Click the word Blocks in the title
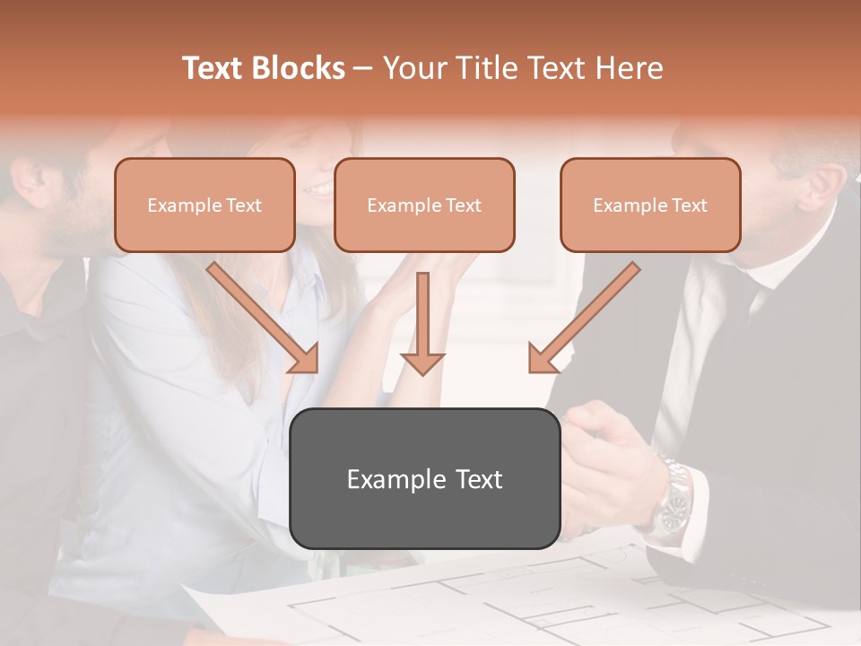pyautogui.click(x=298, y=68)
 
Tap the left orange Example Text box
pyautogui.click(x=204, y=205)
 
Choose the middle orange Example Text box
pyautogui.click(x=424, y=205)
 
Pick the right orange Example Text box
pyautogui.click(x=650, y=205)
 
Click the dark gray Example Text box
pyautogui.click(x=424, y=478)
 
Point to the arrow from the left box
pyautogui.click(x=265, y=318)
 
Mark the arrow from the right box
pyautogui.click(x=582, y=319)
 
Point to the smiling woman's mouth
pyautogui.click(x=316, y=189)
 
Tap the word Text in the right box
pyautogui.click(x=690, y=205)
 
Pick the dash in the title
pyautogui.click(x=363, y=68)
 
